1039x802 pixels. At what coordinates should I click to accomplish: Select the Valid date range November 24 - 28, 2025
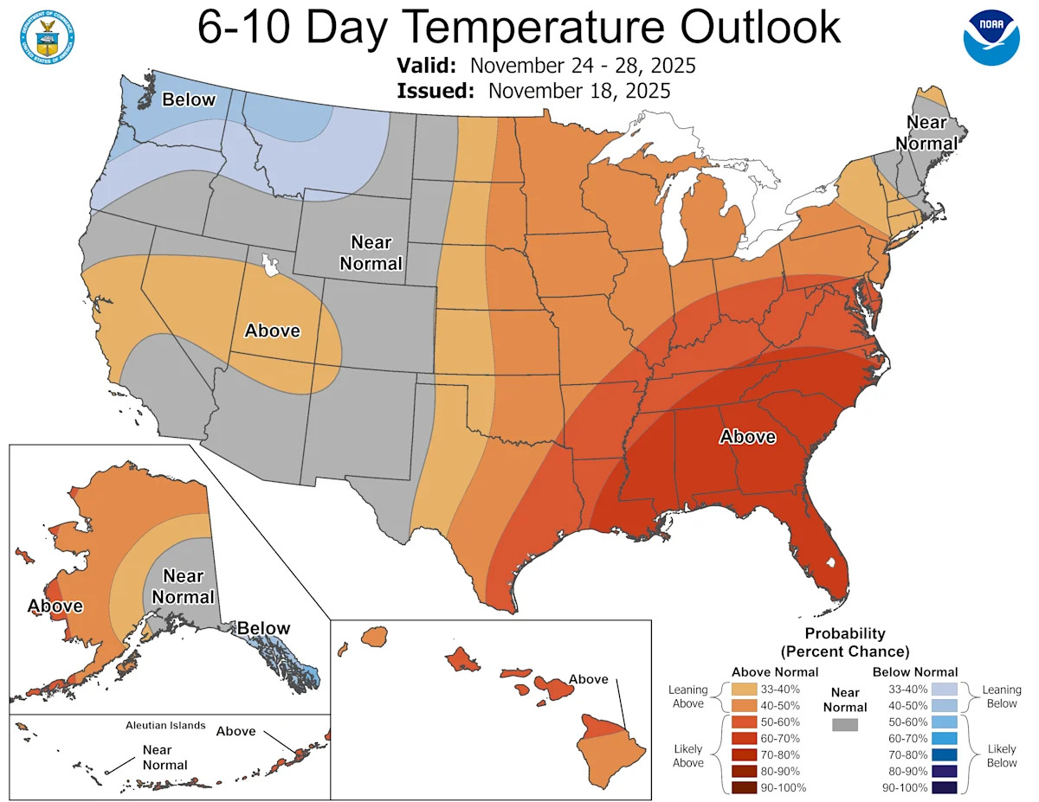tap(582, 67)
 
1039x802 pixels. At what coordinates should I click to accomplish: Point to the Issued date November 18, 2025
tap(578, 91)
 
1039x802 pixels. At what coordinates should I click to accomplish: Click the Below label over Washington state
tap(189, 99)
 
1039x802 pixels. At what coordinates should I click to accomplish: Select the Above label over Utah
tap(272, 330)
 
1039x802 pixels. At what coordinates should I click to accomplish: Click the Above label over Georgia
tap(747, 437)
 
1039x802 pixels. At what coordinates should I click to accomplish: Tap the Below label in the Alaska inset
tap(264, 628)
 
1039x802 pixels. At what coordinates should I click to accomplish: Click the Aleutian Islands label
tap(165, 725)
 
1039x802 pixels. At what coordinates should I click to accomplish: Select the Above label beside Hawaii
tap(588, 679)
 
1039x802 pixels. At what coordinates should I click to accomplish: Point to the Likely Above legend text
tap(689, 754)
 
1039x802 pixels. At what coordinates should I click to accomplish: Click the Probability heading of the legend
tap(844, 634)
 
